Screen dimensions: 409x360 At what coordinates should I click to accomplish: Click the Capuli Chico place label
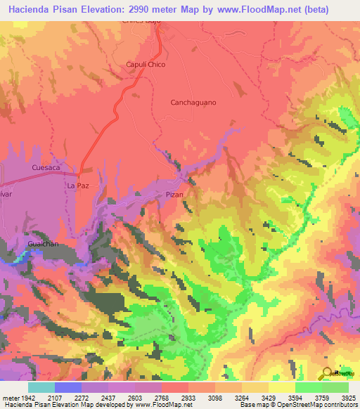point(145,65)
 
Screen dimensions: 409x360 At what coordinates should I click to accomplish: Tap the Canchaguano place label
point(193,103)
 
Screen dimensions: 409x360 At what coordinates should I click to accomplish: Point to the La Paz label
point(77,186)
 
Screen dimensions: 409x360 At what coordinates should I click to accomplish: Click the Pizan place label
point(174,195)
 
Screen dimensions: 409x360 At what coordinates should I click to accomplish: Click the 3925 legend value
point(348,397)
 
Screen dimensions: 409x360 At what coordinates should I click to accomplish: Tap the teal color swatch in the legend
point(41,387)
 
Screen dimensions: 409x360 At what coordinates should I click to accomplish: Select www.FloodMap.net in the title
point(250,10)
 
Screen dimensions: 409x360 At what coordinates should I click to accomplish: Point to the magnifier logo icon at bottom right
point(328,373)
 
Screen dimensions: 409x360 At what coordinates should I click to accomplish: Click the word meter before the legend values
point(12,397)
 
